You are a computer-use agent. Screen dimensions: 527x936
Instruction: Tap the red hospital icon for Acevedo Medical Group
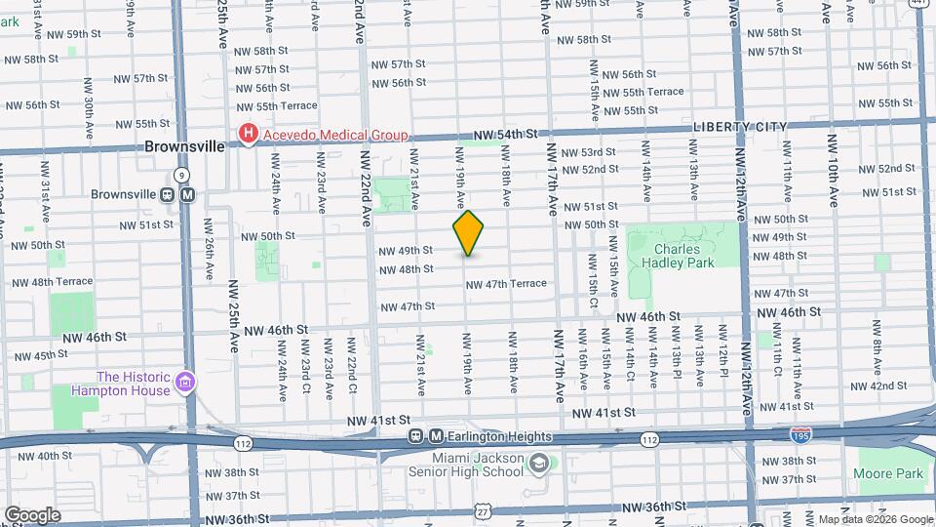(x=249, y=135)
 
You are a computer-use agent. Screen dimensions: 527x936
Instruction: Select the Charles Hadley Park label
(x=683, y=255)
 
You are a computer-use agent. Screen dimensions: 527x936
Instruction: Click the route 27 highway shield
(x=483, y=511)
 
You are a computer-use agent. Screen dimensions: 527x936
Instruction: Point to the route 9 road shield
(x=181, y=175)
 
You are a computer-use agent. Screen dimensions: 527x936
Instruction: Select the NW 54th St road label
(x=506, y=134)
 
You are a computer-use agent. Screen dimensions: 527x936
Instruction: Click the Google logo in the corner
(x=31, y=515)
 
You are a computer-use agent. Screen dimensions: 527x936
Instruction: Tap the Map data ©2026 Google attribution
(x=876, y=519)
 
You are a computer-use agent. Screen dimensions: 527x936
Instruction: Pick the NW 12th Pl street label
(x=723, y=360)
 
